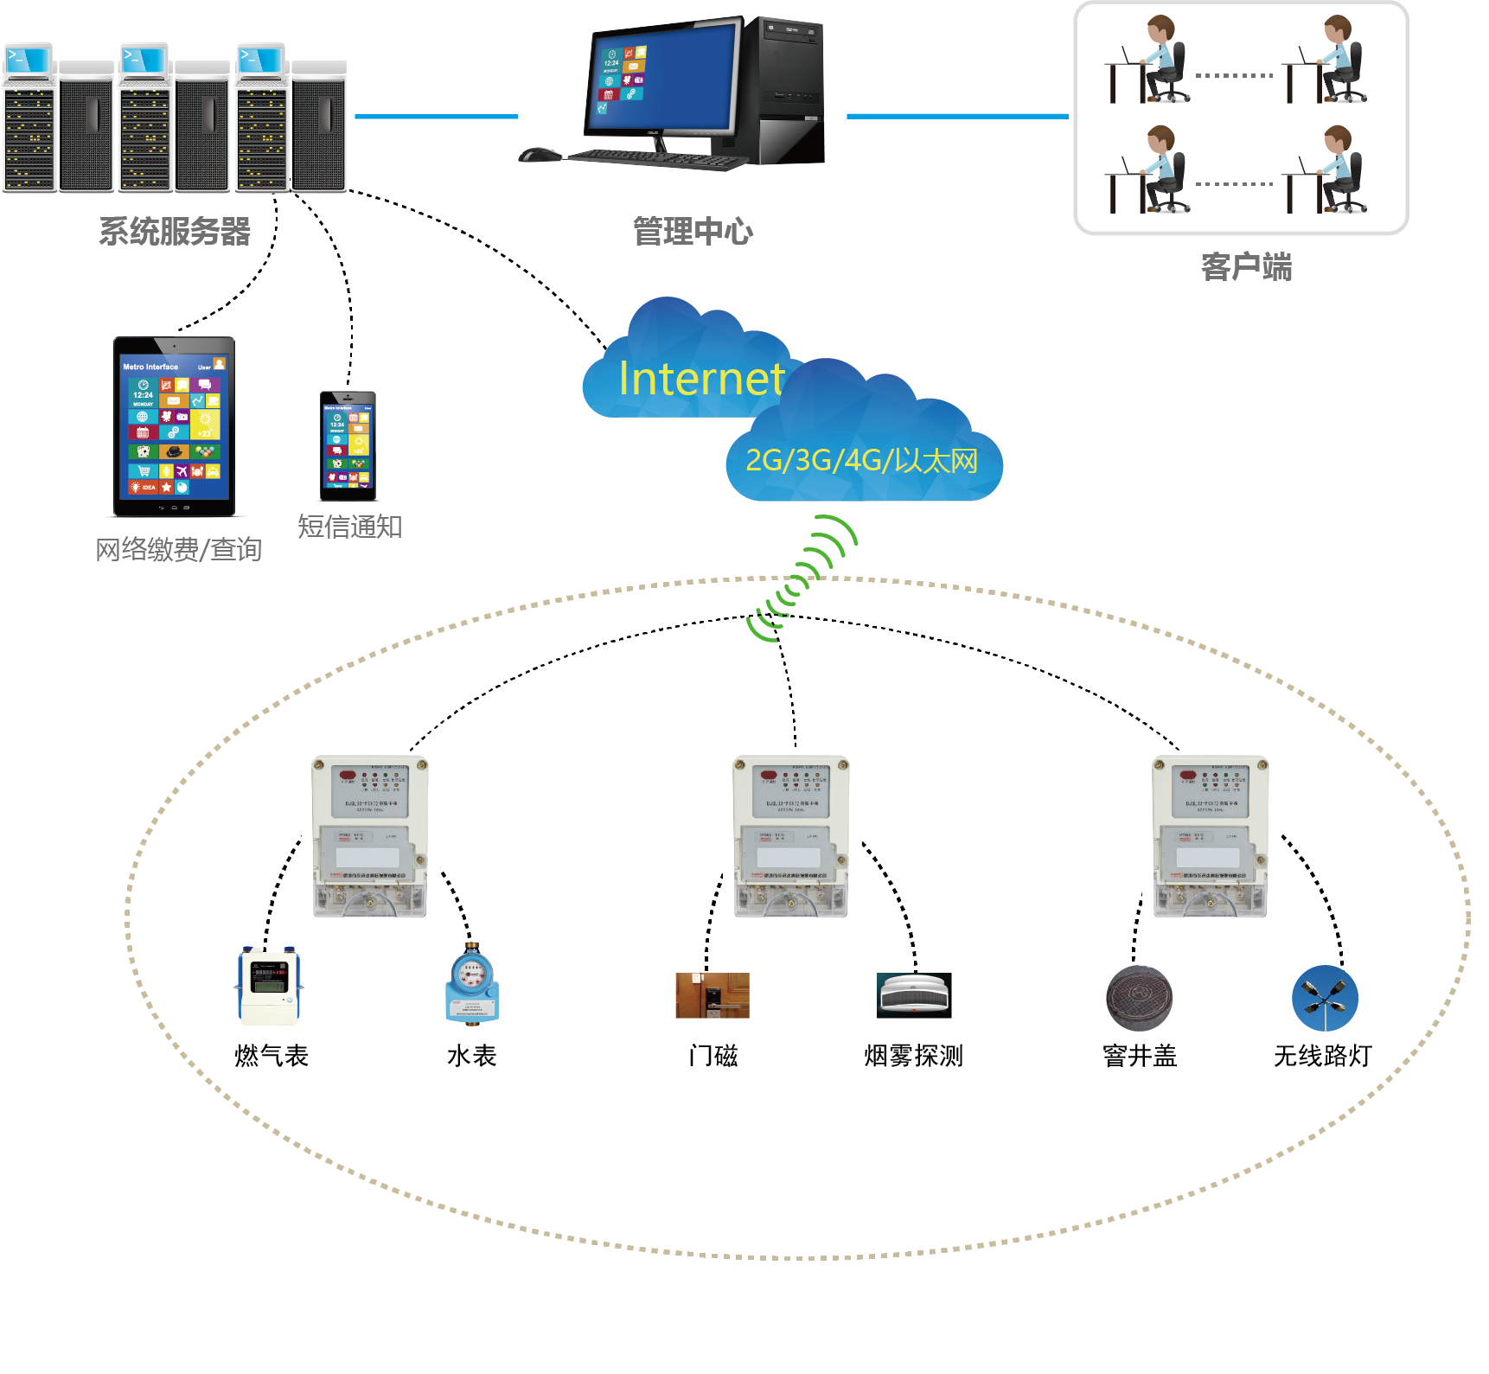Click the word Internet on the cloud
pyautogui.click(x=701, y=379)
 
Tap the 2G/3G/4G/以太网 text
pyautogui.click(x=861, y=460)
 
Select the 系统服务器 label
pyautogui.click(x=175, y=232)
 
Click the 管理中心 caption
pyautogui.click(x=693, y=232)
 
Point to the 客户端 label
pyautogui.click(x=1246, y=267)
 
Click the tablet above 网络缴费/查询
pyautogui.click(x=175, y=426)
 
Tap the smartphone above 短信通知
pyautogui.click(x=348, y=446)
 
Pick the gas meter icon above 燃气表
pyautogui.click(x=270, y=987)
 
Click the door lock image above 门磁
pyautogui.click(x=712, y=995)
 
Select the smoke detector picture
pyautogui.click(x=914, y=995)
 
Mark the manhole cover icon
pyautogui.click(x=1140, y=999)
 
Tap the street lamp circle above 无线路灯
pyautogui.click(x=1325, y=998)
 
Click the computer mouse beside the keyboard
pyautogui.click(x=540, y=155)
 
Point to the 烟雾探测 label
pyautogui.click(x=913, y=1056)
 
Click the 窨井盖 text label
pyautogui.click(x=1140, y=1056)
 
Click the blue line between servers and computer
pyautogui.click(x=436, y=116)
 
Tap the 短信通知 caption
pyautogui.click(x=350, y=527)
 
